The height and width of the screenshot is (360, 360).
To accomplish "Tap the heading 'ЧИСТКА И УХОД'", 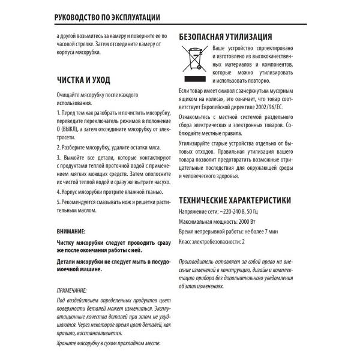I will [x=83, y=79].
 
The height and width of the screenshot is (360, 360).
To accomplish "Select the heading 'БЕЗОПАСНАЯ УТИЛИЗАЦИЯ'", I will [x=226, y=36].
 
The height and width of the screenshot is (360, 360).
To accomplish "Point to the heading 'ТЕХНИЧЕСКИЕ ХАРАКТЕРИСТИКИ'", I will [x=235, y=200].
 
